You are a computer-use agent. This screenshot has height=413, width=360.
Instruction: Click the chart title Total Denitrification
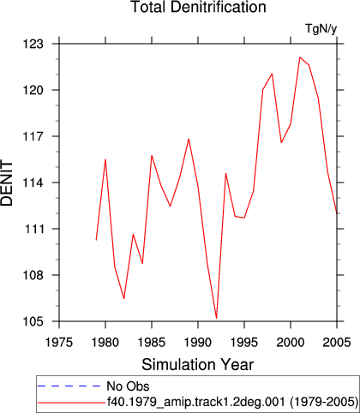click(x=198, y=7)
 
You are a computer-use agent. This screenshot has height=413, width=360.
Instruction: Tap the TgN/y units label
click(x=321, y=29)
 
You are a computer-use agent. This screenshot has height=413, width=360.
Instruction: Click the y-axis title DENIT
click(x=7, y=183)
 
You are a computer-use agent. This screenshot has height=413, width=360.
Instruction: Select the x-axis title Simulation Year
click(x=198, y=365)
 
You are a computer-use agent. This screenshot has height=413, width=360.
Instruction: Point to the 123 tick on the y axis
click(x=33, y=45)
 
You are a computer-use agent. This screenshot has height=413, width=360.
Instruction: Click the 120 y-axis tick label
click(x=33, y=90)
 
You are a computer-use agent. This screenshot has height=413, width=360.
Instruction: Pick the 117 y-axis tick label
click(x=33, y=136)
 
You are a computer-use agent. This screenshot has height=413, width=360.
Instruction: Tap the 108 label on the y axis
click(x=33, y=275)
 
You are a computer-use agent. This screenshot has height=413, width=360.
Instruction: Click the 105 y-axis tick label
click(x=33, y=321)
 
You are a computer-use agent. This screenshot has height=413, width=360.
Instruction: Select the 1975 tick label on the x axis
click(x=59, y=342)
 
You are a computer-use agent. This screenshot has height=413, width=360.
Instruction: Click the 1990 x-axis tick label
click(x=198, y=342)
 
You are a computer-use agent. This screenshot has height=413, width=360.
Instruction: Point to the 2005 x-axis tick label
click(x=337, y=342)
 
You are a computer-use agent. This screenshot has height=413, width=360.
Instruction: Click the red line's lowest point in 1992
click(x=217, y=318)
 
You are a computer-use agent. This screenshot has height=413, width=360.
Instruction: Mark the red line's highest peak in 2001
click(x=300, y=57)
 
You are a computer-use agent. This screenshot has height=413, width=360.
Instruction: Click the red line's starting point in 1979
click(x=96, y=240)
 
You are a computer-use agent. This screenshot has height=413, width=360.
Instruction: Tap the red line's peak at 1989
click(x=189, y=139)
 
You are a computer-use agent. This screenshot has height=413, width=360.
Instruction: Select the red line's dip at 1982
click(x=124, y=298)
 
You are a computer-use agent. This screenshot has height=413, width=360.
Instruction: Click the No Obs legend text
click(x=128, y=386)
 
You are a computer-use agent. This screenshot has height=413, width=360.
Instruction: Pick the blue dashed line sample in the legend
click(x=69, y=386)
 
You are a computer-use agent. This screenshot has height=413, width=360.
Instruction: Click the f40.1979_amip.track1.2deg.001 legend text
click(x=196, y=402)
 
